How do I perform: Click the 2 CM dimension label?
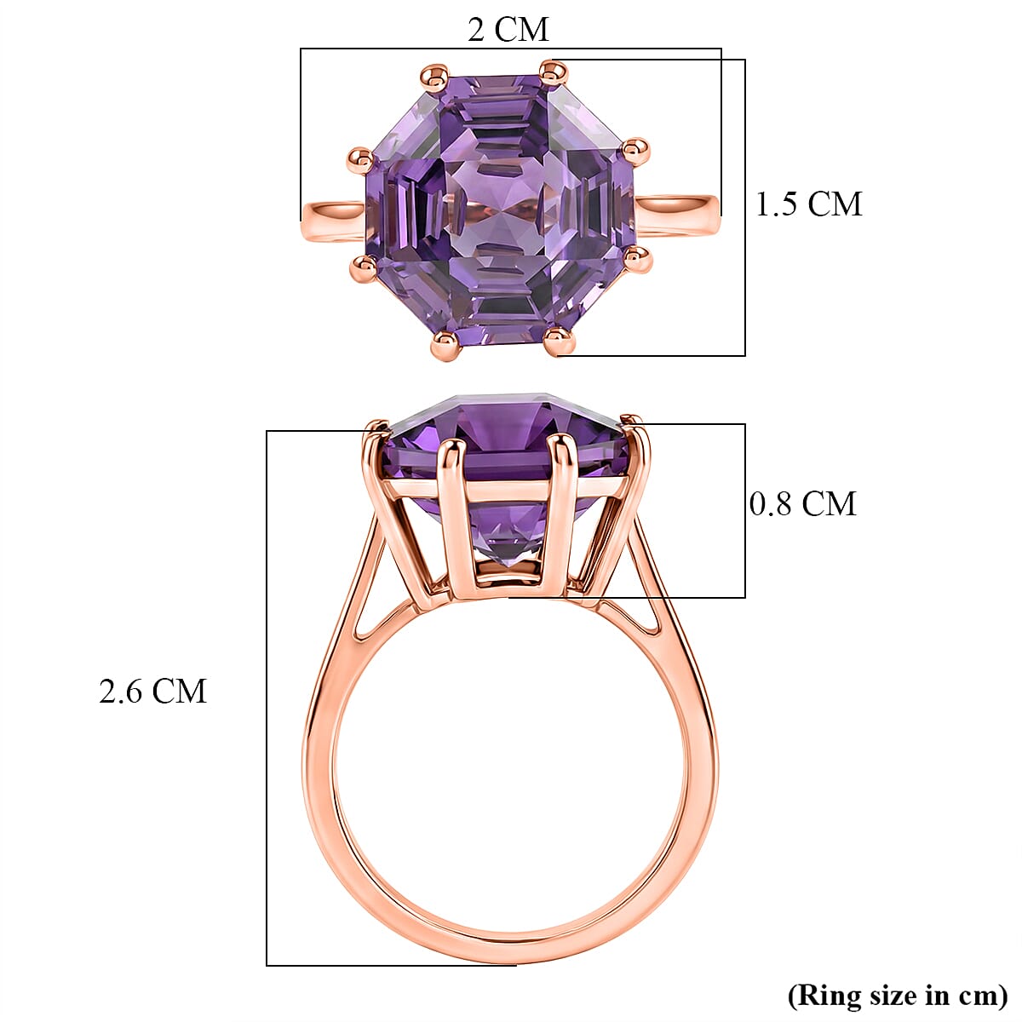tap(508, 30)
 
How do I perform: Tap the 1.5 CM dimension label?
tap(809, 204)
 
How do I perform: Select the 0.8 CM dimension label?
tap(802, 503)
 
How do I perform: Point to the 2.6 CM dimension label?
tap(153, 691)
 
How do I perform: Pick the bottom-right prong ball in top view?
tap(559, 342)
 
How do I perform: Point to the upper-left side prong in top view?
tap(362, 158)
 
